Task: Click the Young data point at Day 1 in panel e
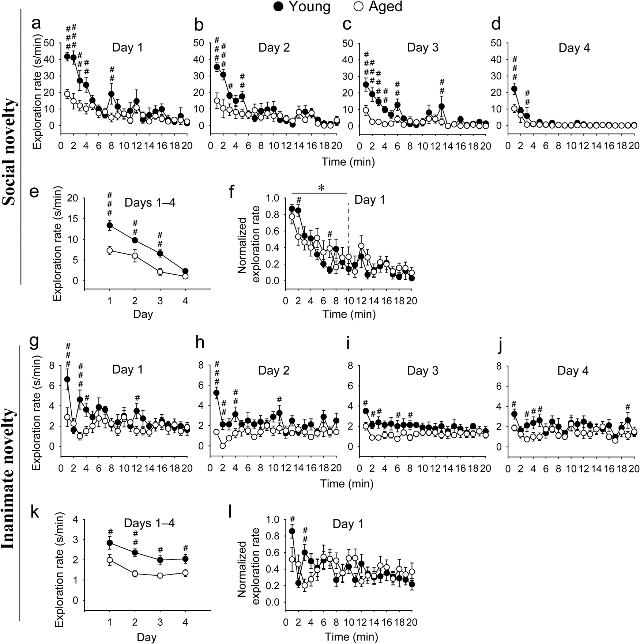(110, 225)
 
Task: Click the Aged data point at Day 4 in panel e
(185, 276)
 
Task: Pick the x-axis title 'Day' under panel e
(143, 314)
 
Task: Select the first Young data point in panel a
(67, 56)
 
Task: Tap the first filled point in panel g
(67, 379)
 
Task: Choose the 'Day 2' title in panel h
(274, 370)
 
